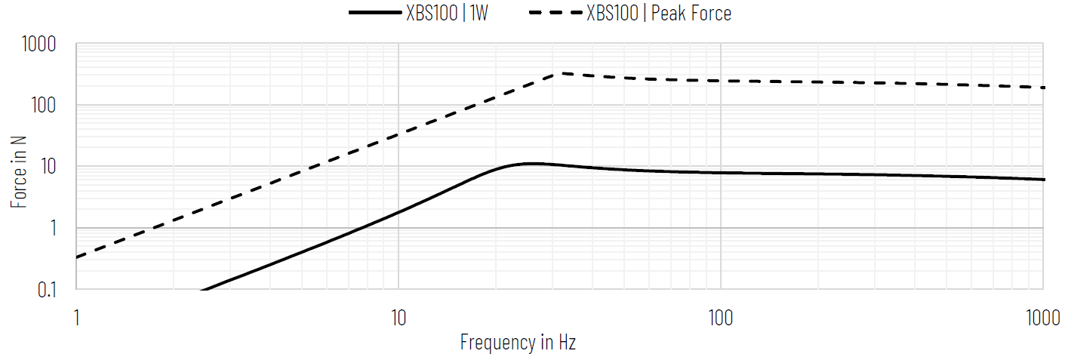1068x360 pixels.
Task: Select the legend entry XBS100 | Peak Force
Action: [658, 13]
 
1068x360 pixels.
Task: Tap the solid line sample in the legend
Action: [375, 13]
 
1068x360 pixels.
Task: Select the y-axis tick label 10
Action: [46, 167]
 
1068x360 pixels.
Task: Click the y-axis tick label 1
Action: [51, 228]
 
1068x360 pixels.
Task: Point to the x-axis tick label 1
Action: [77, 318]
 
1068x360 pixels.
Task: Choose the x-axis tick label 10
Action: [398, 318]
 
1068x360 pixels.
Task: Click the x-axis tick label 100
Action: [721, 318]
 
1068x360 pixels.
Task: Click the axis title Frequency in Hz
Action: [518, 343]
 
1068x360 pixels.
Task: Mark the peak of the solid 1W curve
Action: [531, 163]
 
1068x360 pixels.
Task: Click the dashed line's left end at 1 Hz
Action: [77, 257]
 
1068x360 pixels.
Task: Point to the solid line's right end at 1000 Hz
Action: [1044, 180]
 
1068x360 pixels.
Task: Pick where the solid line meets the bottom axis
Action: [202, 289]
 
